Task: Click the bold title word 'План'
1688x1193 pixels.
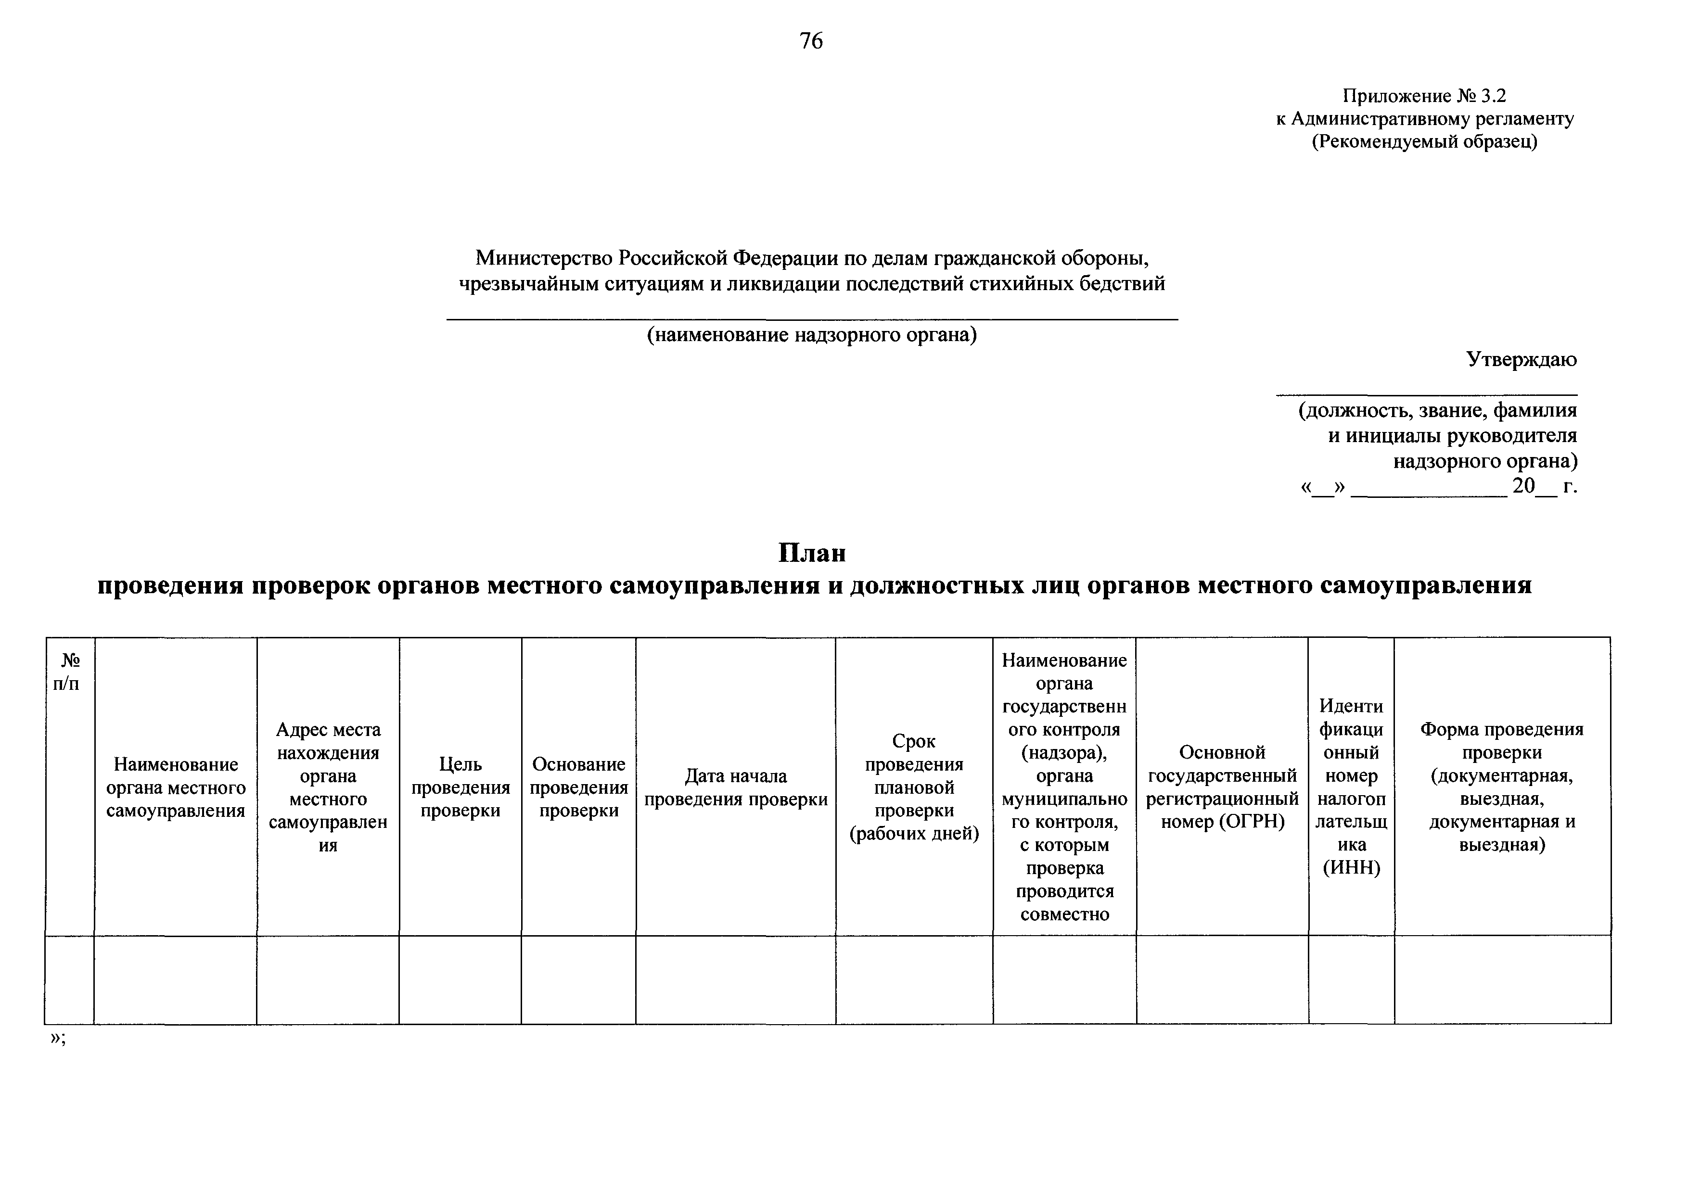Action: point(812,553)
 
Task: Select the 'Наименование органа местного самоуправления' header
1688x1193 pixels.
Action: point(176,787)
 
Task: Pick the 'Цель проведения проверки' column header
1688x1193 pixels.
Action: point(460,787)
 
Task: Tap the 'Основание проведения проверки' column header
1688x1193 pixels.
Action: point(578,787)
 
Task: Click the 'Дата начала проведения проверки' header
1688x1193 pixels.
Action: point(735,787)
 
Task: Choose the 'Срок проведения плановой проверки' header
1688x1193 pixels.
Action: point(914,787)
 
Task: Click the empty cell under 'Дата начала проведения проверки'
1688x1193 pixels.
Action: point(735,980)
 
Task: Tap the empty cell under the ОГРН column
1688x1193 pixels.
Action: point(1222,980)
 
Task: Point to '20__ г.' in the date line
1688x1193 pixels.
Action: point(1544,486)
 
